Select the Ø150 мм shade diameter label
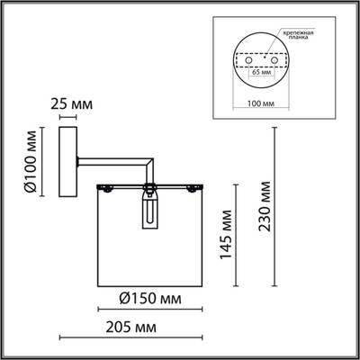[x=148, y=298]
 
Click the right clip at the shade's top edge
[x=191, y=187]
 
